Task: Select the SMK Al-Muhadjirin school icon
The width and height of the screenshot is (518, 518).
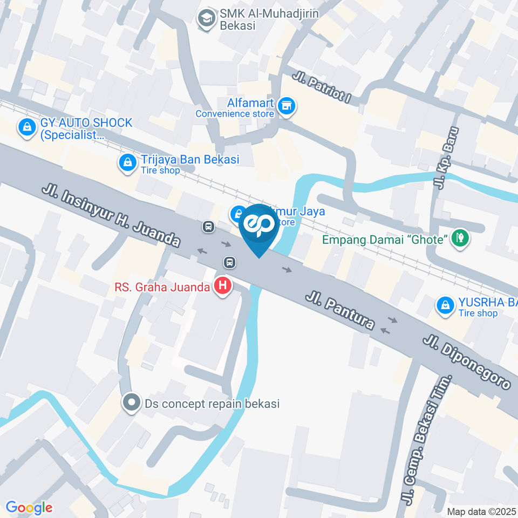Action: [x=206, y=19]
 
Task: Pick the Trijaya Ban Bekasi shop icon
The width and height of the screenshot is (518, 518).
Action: [x=128, y=163]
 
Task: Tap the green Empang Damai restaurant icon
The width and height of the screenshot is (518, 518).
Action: [x=460, y=238]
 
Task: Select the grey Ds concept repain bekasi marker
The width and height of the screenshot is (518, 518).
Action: [x=131, y=403]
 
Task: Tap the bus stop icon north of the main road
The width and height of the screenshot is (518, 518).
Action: [x=209, y=227]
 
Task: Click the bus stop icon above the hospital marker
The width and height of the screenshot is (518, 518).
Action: [x=229, y=263]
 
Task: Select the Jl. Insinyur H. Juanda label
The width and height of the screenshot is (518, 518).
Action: [x=111, y=217]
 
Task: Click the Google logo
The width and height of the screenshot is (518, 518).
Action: [x=29, y=507]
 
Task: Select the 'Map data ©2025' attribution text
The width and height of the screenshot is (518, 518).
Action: [x=481, y=511]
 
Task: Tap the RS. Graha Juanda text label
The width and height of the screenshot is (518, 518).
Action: [x=162, y=287]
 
